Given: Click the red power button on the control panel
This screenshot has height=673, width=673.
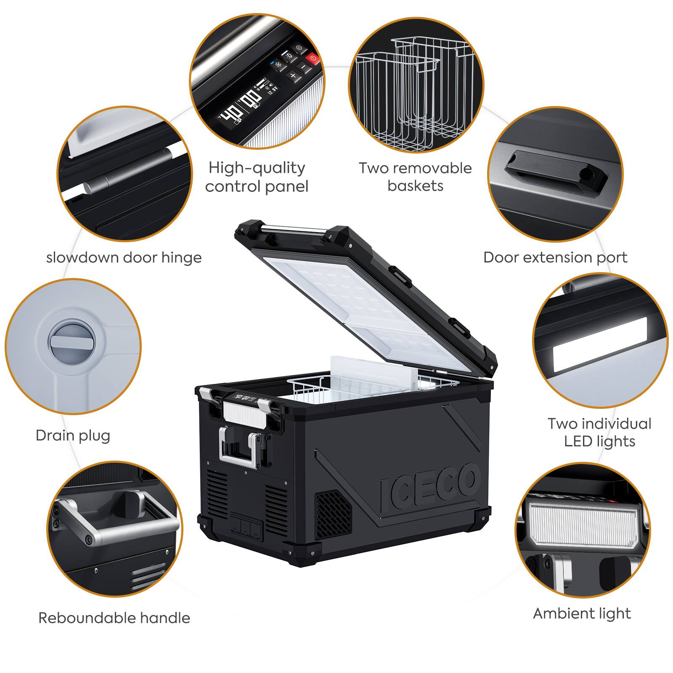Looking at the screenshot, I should [313, 59].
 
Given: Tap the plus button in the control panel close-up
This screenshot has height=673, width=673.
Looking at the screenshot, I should [293, 76].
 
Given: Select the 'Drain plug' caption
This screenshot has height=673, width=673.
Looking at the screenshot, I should [73, 435].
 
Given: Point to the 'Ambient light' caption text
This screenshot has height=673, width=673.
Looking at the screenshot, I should [582, 614].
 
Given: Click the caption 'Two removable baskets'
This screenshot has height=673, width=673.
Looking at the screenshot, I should [415, 177].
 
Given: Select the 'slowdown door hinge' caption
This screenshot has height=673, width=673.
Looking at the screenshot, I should [124, 257].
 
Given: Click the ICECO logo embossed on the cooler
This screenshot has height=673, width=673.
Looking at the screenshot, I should [429, 486].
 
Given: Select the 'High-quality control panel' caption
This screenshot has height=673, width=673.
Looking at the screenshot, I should [257, 177].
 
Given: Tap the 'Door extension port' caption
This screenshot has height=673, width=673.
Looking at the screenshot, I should [555, 257].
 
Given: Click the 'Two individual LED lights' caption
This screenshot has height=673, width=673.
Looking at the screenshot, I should [599, 432].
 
